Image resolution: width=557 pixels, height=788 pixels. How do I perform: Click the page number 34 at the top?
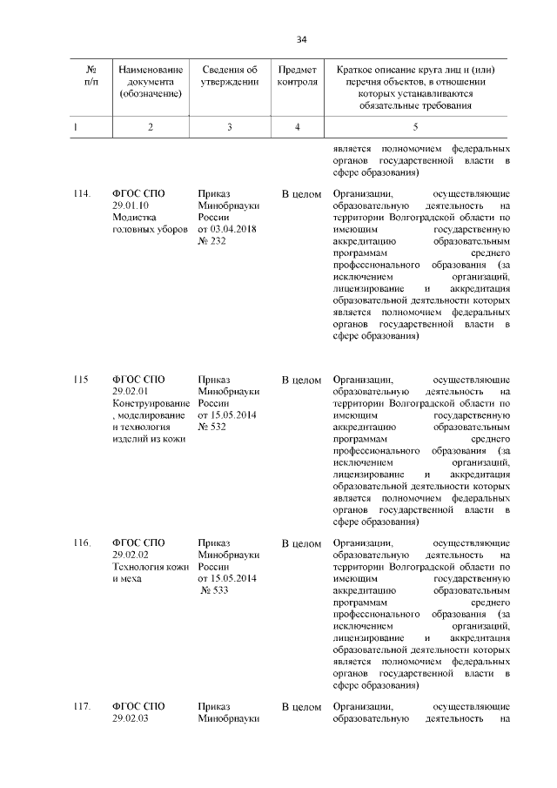click(x=302, y=39)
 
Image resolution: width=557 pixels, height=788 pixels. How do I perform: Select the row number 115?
click(x=81, y=380)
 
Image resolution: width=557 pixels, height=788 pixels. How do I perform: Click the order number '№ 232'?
click(x=214, y=242)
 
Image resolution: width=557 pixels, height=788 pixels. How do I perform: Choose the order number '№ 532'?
click(x=214, y=428)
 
